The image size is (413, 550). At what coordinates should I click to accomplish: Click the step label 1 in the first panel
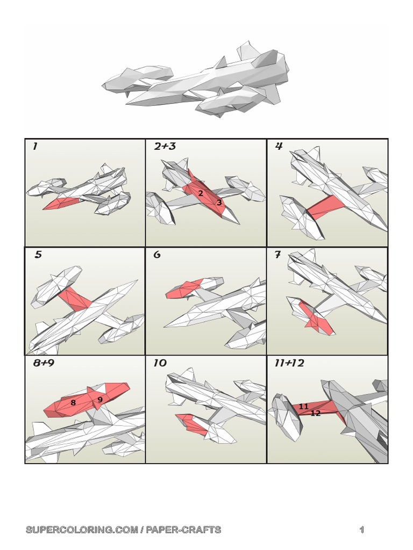point(35,146)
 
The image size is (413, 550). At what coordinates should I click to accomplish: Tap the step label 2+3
point(165,146)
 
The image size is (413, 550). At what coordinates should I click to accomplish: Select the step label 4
point(279,146)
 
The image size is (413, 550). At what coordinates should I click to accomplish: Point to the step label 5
point(38,254)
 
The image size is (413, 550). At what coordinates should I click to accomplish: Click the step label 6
point(157,254)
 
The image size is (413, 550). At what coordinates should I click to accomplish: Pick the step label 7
point(278,254)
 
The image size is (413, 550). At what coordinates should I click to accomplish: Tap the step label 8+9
point(44,363)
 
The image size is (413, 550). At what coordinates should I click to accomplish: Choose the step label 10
point(160,363)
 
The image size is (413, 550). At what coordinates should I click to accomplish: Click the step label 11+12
point(289,363)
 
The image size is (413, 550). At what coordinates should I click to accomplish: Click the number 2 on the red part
point(201,193)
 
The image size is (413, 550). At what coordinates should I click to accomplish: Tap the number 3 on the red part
point(219,202)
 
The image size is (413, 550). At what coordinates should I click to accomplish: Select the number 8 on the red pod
point(73,403)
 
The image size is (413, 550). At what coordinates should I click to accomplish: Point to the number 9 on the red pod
point(100,400)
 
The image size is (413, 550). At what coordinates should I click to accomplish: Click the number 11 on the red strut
point(304,407)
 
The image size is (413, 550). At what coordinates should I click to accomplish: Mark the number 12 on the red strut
point(316,413)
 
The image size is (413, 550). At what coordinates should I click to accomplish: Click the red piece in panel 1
point(61,203)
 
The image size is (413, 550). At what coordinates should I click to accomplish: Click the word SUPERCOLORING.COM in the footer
point(82,530)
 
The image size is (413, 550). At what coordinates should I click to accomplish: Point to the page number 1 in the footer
point(362,530)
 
